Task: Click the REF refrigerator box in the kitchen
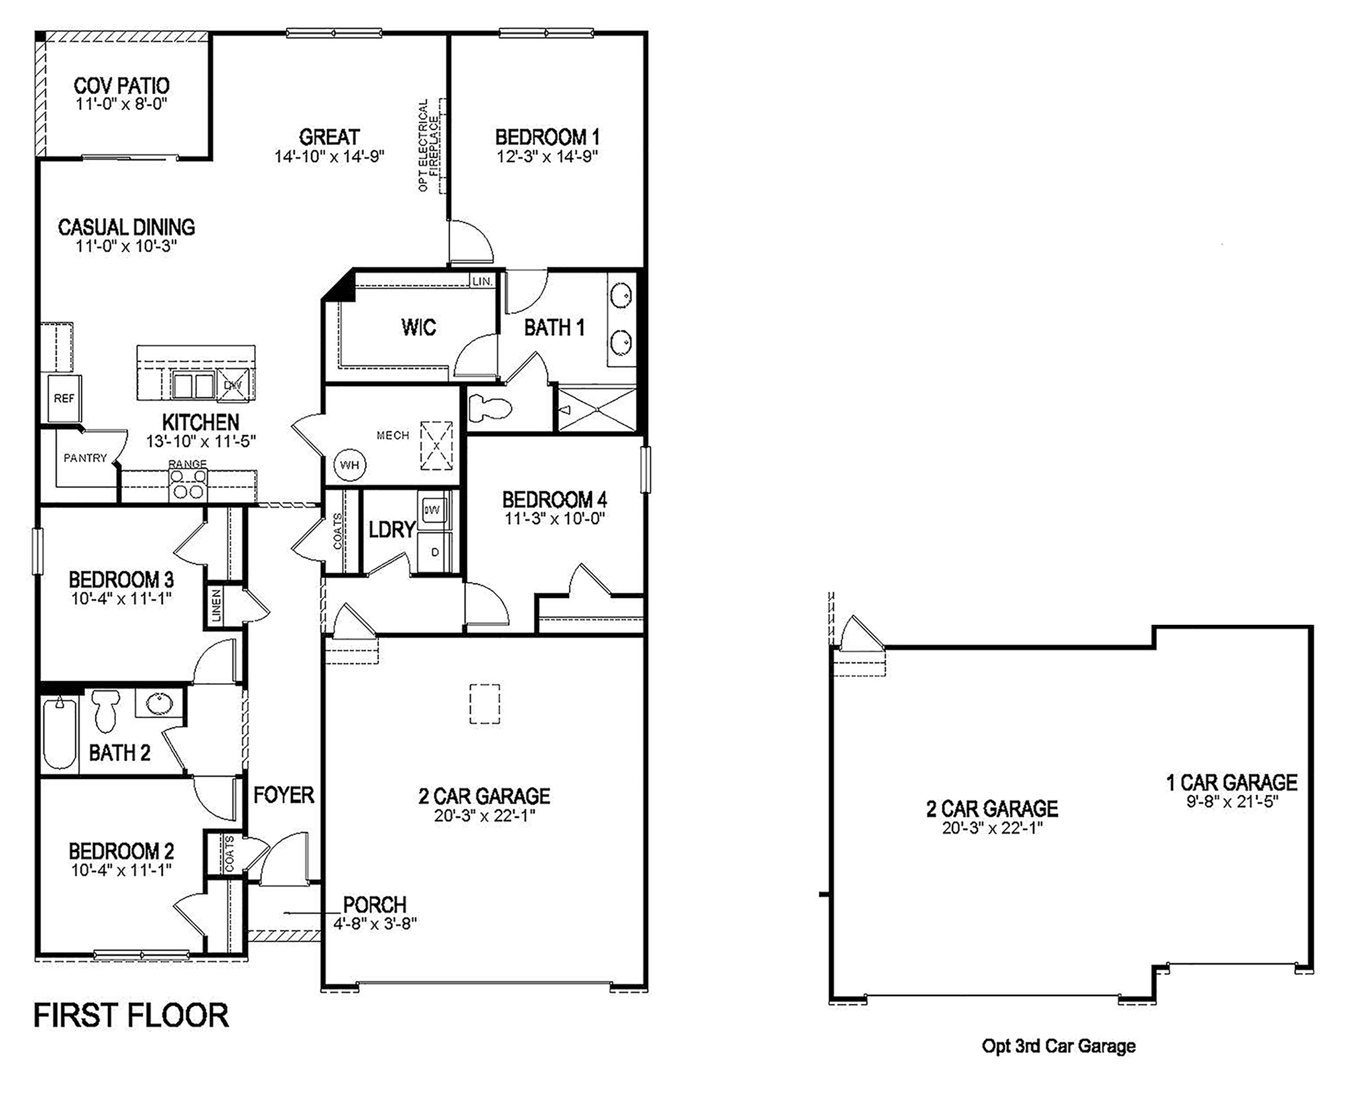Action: pyautogui.click(x=64, y=398)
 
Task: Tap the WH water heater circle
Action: pyautogui.click(x=349, y=465)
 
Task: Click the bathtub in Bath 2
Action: pyautogui.click(x=59, y=732)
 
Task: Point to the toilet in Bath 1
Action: pyautogui.click(x=489, y=407)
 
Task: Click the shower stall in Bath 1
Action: pyautogui.click(x=597, y=409)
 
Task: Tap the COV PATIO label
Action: pyautogui.click(x=121, y=86)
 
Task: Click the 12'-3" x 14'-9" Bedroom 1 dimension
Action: pyautogui.click(x=547, y=157)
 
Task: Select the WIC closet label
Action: pyautogui.click(x=418, y=327)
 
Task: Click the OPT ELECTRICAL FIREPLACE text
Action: pyautogui.click(x=429, y=145)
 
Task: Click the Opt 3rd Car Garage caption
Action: pyautogui.click(x=1058, y=1046)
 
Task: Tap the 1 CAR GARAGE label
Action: pyautogui.click(x=1232, y=782)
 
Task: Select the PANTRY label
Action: pyautogui.click(x=85, y=458)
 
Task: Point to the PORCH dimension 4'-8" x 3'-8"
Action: pyautogui.click(x=375, y=923)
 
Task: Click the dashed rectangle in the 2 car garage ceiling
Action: pyautogui.click(x=484, y=704)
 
